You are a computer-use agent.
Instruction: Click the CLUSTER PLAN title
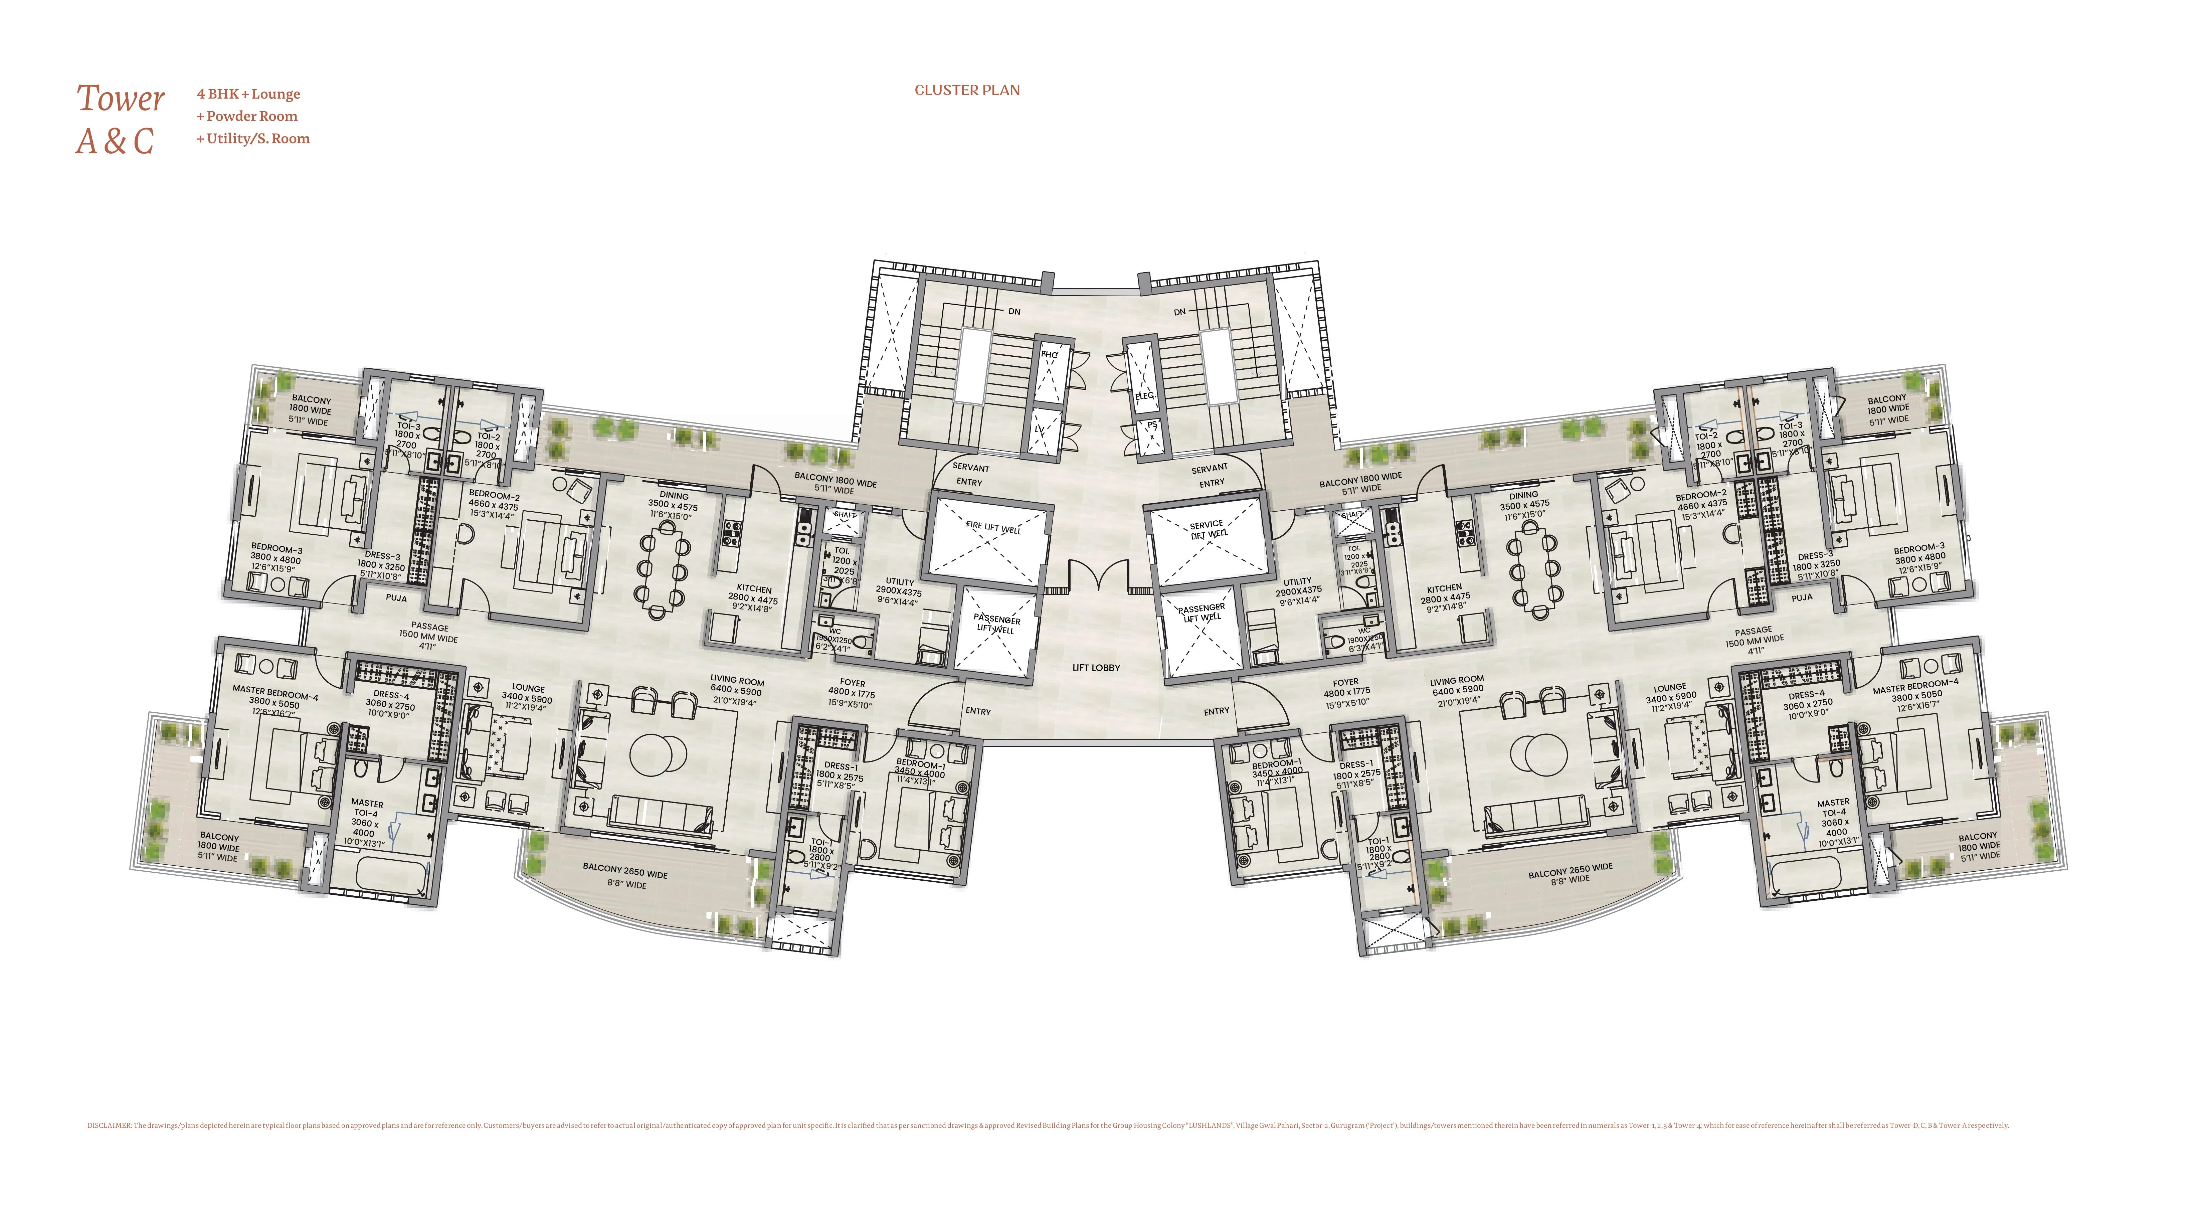point(967,90)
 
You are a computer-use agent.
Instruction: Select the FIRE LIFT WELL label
point(993,528)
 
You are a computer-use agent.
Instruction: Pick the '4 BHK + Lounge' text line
point(248,94)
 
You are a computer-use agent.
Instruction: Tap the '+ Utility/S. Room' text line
point(253,139)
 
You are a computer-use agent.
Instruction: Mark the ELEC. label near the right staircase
point(1144,395)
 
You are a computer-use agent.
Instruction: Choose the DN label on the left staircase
point(1014,312)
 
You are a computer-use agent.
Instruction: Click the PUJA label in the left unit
point(396,598)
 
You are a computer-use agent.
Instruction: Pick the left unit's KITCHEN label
point(754,589)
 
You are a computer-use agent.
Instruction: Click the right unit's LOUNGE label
point(1670,687)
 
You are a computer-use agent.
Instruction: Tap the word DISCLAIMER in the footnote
point(109,1126)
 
